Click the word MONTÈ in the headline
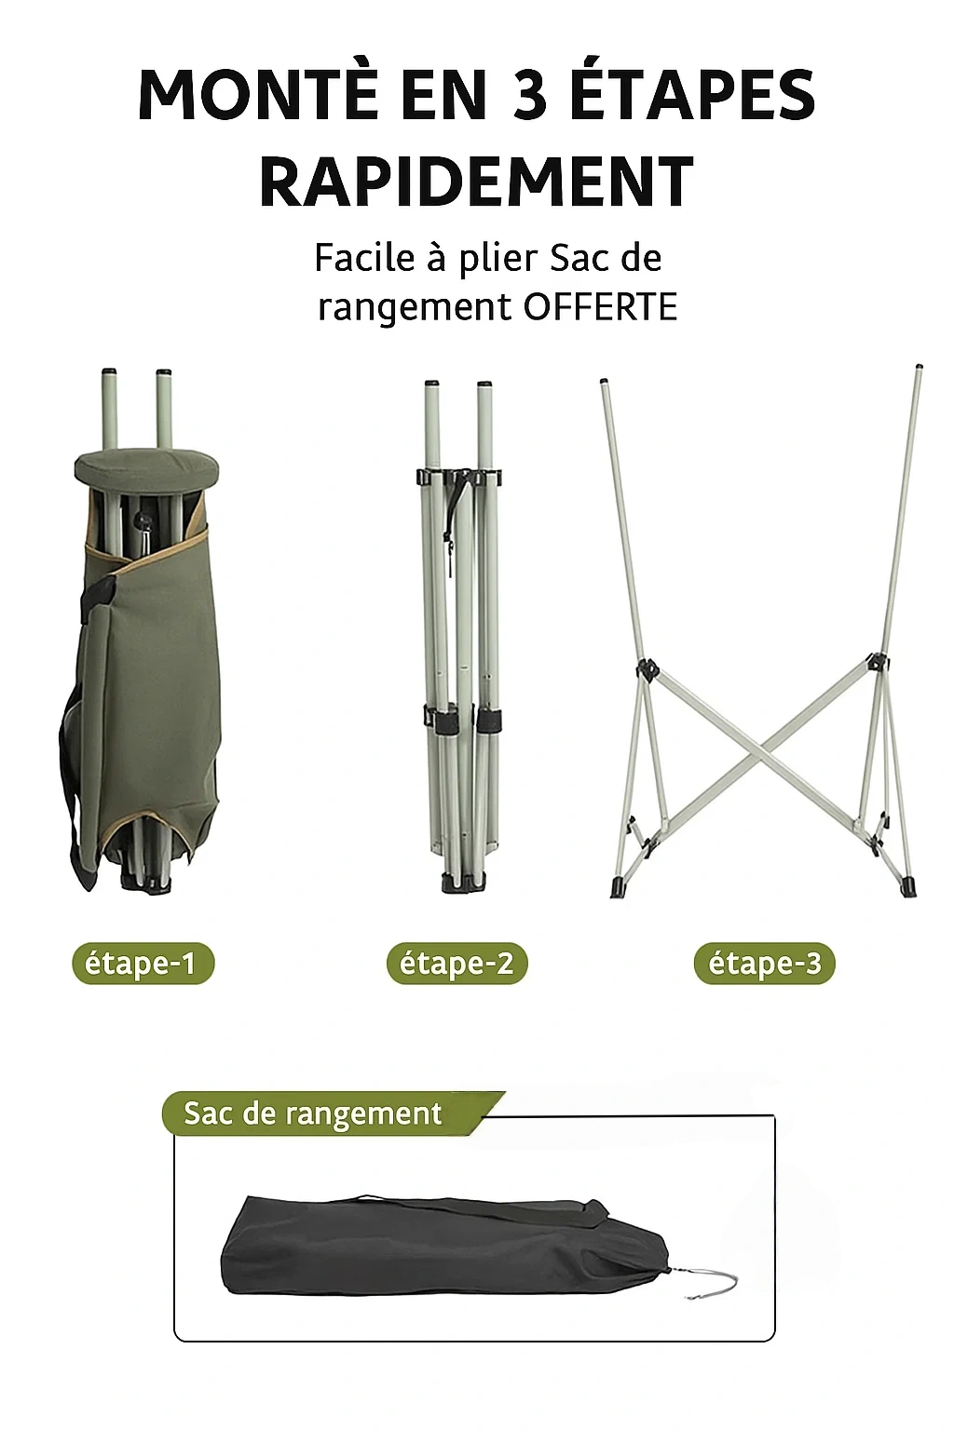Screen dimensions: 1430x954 click(258, 96)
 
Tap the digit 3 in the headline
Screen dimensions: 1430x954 click(529, 96)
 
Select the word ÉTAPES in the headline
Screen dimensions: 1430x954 click(692, 96)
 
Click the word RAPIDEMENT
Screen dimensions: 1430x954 click(476, 182)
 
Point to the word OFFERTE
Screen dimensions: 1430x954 click(600, 307)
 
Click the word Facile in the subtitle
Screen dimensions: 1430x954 click(364, 258)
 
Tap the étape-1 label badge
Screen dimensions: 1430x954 click(143, 964)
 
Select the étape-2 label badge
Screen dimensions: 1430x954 click(457, 964)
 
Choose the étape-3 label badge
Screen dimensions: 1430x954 click(764, 964)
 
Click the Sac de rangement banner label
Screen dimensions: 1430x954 click(313, 1113)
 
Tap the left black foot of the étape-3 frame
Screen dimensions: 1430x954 click(619, 886)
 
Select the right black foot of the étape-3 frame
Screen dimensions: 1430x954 click(908, 886)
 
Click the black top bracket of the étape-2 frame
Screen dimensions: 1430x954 click(460, 478)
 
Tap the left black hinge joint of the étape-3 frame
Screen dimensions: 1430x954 click(647, 669)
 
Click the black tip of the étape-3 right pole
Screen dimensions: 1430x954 click(920, 369)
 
